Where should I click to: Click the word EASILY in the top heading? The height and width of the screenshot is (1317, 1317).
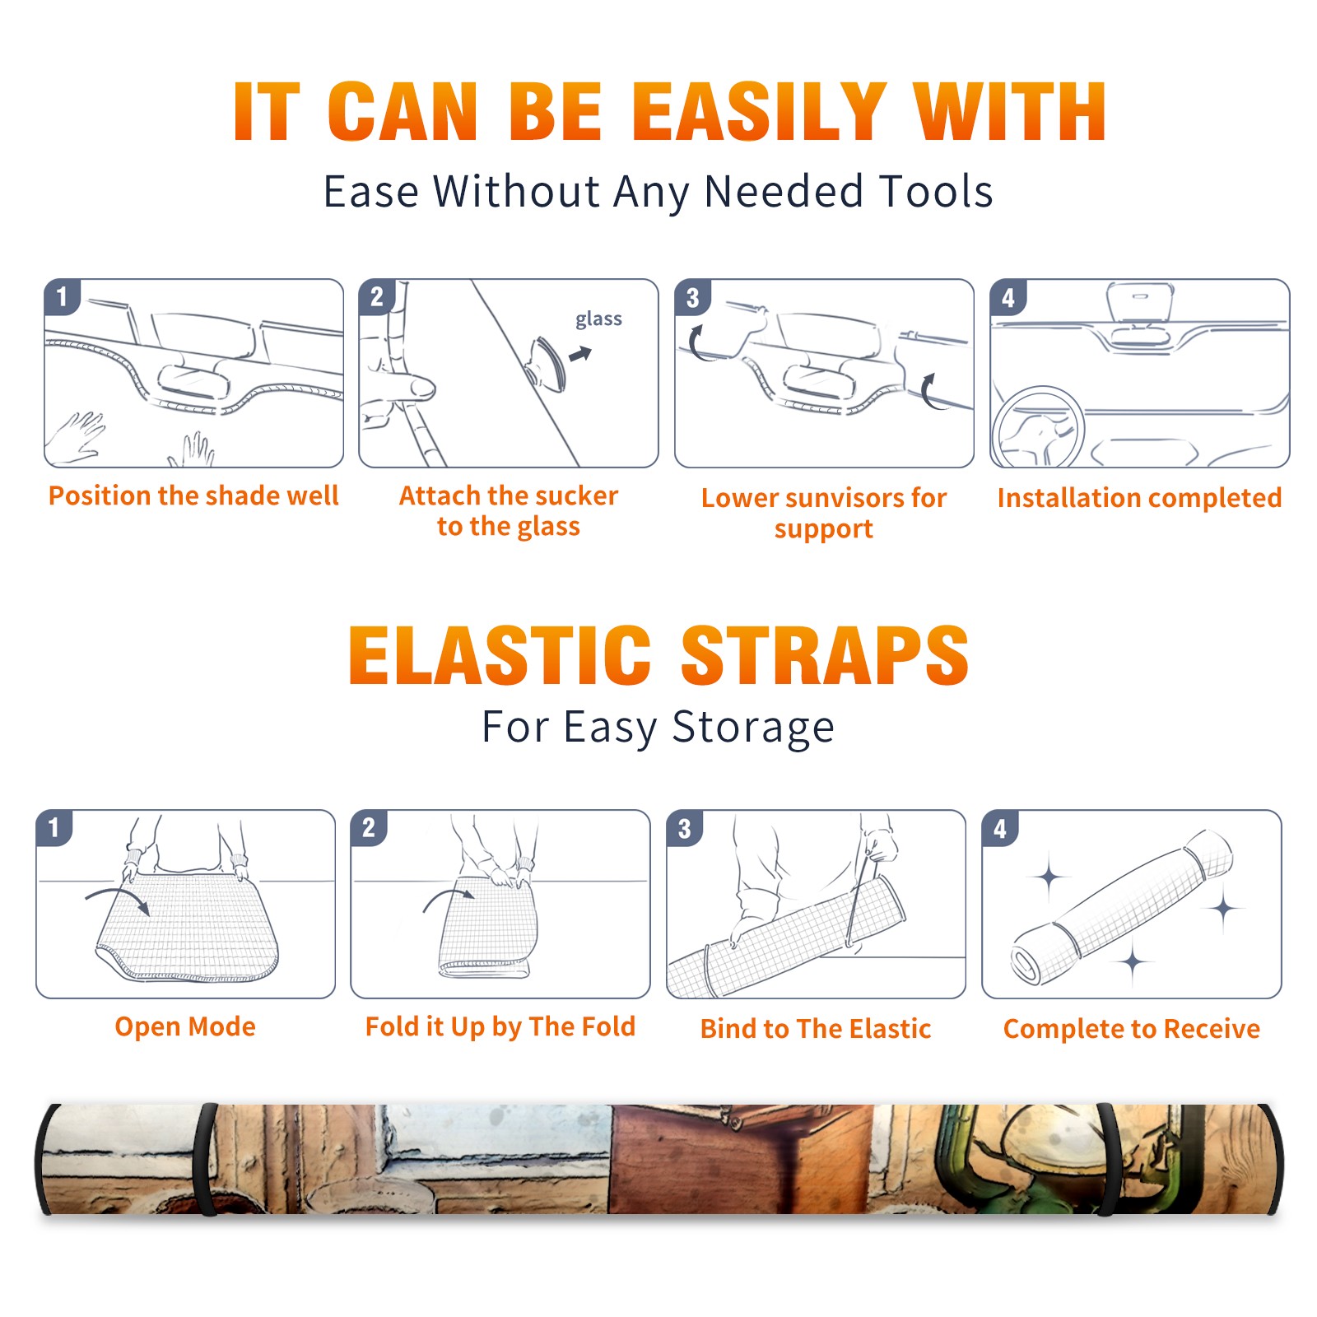[758, 112]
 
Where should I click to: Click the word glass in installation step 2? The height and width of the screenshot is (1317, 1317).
[598, 319]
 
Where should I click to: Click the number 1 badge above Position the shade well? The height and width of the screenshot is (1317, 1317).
[63, 296]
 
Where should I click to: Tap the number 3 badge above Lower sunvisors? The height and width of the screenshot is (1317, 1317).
[692, 296]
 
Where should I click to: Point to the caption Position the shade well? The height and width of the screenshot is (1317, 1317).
[193, 496]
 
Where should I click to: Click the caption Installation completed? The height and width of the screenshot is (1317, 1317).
[1139, 497]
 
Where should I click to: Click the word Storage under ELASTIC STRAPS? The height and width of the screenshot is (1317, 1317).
[753, 728]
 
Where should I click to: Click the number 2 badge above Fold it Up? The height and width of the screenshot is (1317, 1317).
[369, 827]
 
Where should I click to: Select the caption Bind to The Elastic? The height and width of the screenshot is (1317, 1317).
[815, 1028]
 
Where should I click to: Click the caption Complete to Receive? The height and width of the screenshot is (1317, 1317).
[1132, 1029]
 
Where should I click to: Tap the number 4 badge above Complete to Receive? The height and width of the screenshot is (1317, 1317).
[999, 827]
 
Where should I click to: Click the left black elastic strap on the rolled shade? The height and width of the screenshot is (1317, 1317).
[205, 1159]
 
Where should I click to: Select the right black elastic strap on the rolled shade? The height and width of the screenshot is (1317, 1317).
[1108, 1159]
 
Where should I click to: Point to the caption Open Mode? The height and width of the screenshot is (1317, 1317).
[185, 1026]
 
